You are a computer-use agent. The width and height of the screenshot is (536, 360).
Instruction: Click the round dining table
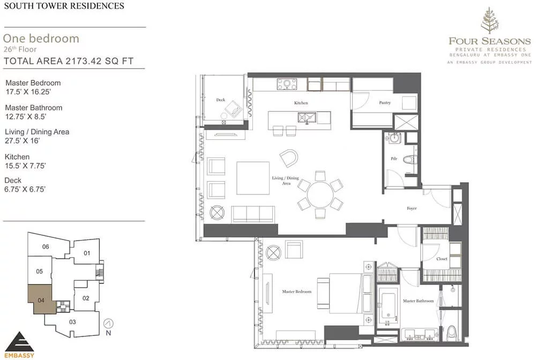coord(321,194)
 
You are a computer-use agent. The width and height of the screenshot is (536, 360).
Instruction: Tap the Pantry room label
coord(384,102)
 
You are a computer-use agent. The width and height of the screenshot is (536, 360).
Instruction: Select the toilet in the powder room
coord(410,160)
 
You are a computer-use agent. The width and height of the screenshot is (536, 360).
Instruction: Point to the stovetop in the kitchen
coord(287,84)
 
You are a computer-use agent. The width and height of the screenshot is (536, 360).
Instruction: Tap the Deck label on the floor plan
coord(220,100)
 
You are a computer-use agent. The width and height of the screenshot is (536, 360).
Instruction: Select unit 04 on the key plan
coord(41,299)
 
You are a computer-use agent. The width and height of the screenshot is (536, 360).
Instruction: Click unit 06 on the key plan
coord(46,246)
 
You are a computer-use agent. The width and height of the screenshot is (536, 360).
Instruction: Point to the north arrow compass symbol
coord(108,323)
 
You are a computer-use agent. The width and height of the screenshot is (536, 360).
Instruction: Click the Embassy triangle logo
coord(19,342)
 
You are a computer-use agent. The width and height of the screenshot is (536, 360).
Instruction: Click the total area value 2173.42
coord(84,61)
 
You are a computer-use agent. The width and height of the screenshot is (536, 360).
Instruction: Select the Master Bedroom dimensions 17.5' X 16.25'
coord(28,92)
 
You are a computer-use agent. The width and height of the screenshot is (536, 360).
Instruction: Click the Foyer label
coord(412,208)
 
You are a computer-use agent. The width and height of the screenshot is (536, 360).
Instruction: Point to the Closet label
coord(442,259)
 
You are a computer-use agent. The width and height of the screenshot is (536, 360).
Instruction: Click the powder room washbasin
coord(395,138)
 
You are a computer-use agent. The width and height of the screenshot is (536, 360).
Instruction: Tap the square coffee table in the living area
coord(253,178)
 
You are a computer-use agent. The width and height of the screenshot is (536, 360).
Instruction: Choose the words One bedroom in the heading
coord(41,38)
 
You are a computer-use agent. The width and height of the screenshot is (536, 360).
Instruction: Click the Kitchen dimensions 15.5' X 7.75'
coord(25,166)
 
